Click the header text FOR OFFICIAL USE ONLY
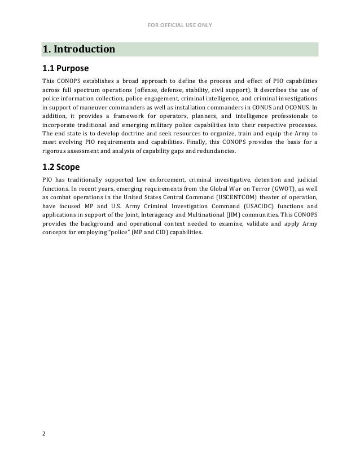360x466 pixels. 180,24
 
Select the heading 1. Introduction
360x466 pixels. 79,50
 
